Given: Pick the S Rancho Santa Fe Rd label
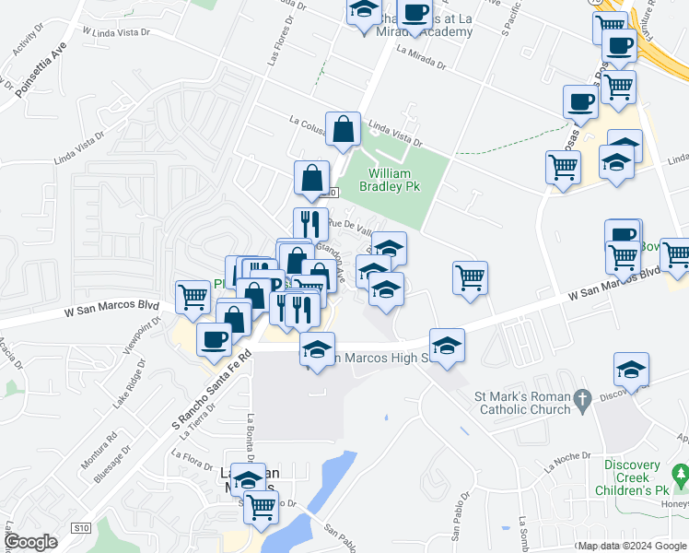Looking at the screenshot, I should [x=212, y=388].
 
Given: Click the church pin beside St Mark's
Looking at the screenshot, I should [x=580, y=400].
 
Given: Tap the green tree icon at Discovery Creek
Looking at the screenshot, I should [x=681, y=477].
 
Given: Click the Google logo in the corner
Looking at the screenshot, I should [x=30, y=542].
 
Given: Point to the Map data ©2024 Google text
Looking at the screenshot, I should [x=631, y=546].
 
